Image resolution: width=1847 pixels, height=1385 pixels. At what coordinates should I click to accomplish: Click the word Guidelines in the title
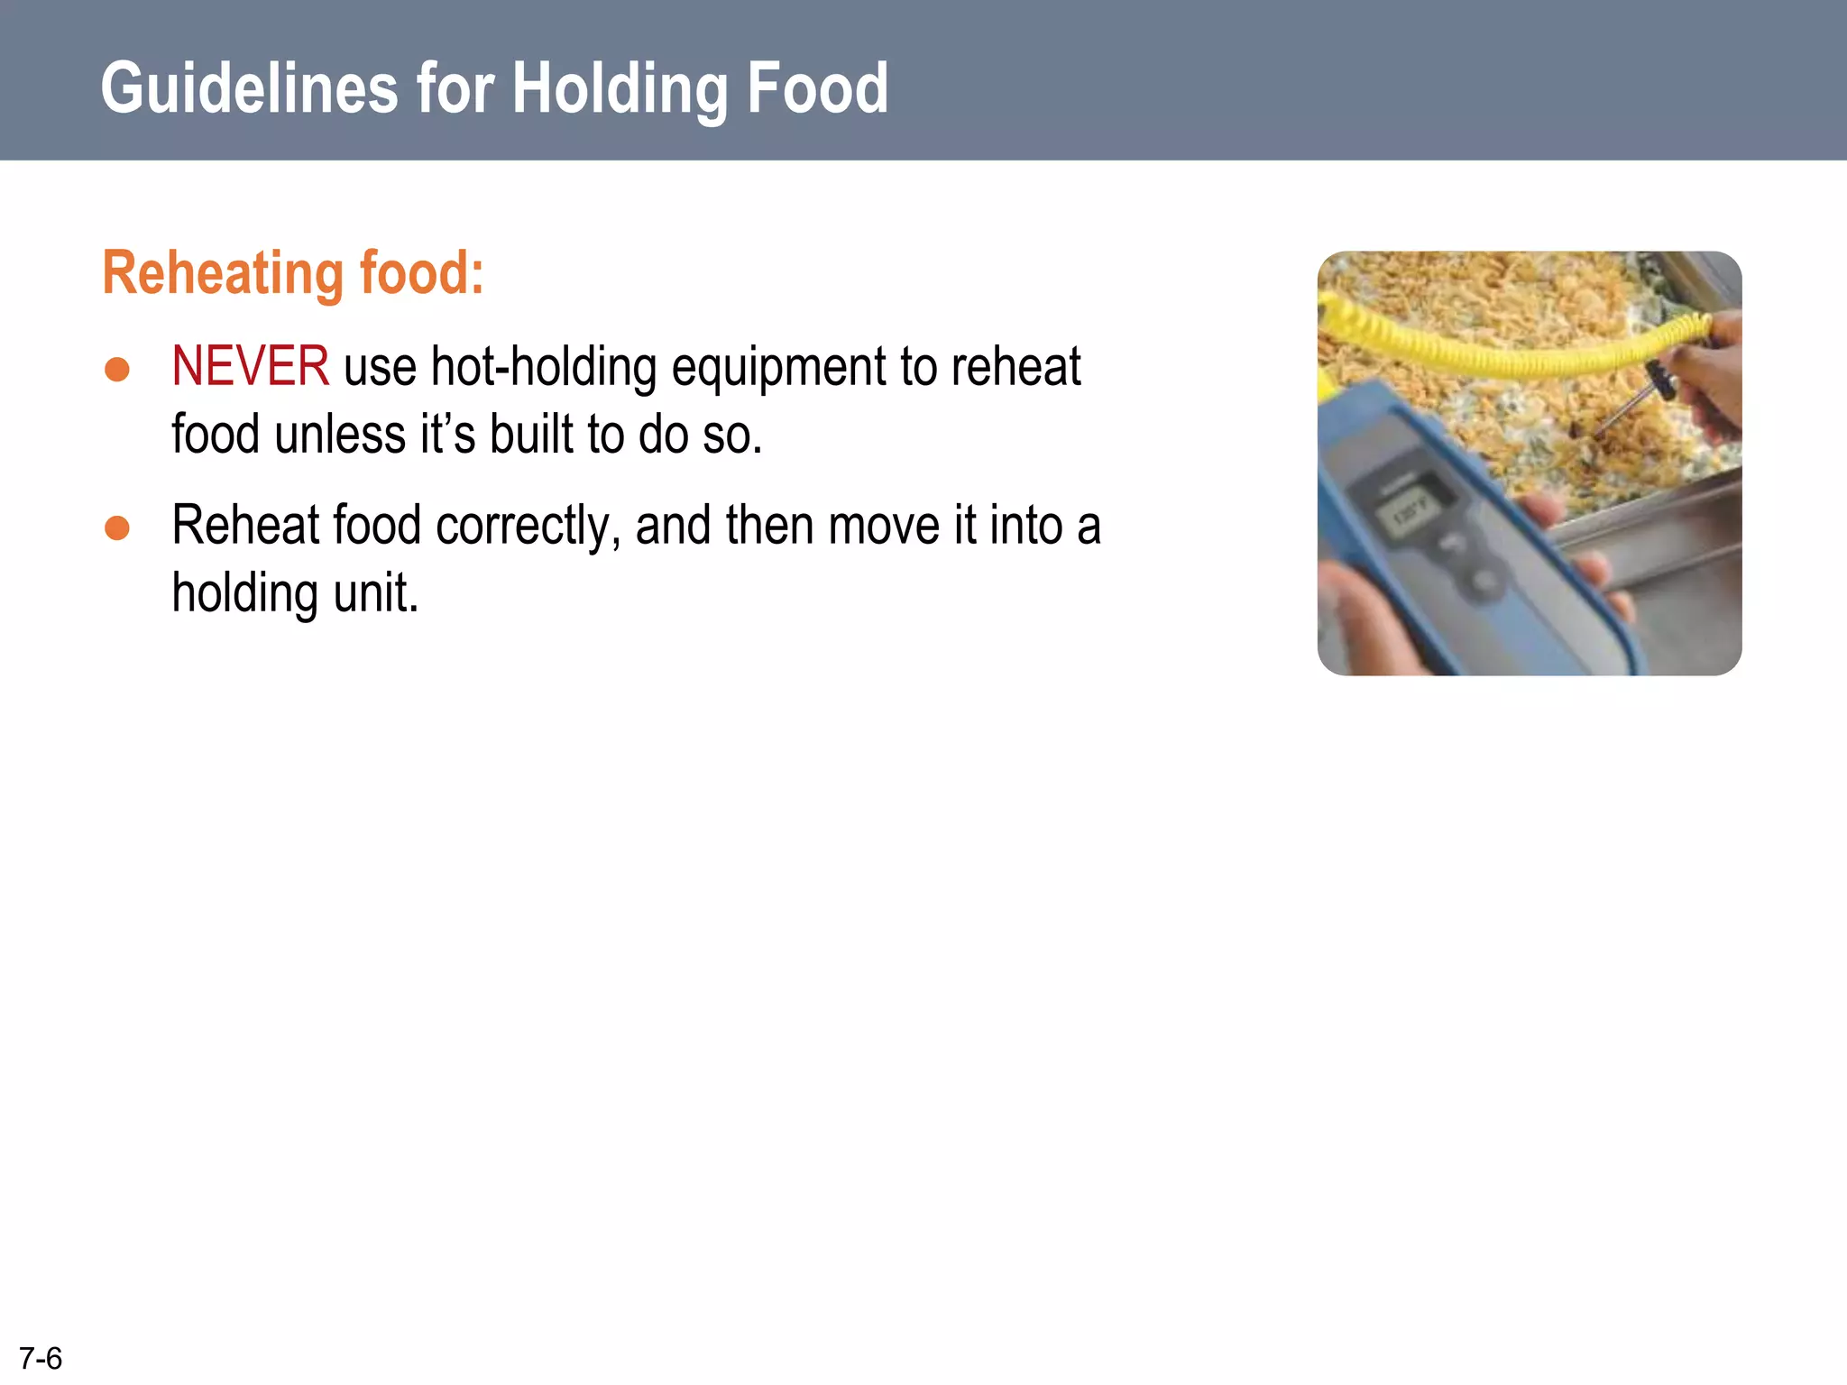click(249, 88)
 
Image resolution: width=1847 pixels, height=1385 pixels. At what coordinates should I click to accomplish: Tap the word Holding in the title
click(621, 88)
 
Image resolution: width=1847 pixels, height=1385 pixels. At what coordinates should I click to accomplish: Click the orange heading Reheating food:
click(293, 272)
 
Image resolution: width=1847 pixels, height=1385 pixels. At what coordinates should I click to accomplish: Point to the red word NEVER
click(250, 367)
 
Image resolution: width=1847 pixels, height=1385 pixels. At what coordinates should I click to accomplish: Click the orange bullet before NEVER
click(117, 369)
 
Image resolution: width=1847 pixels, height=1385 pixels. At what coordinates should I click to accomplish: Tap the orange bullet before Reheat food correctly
click(117, 527)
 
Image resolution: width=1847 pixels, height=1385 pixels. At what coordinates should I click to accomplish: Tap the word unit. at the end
click(376, 593)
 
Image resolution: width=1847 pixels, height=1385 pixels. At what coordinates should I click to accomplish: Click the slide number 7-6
click(41, 1358)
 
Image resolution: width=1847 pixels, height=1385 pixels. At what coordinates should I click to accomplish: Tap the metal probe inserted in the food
click(1628, 410)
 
